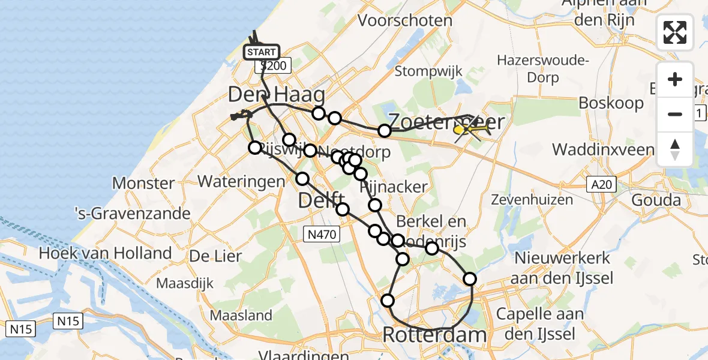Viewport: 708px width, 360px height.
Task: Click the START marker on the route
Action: click(x=262, y=52)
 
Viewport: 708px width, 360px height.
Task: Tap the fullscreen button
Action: click(x=675, y=32)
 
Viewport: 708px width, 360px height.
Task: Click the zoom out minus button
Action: click(x=675, y=114)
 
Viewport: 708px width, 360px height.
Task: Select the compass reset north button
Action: click(x=675, y=149)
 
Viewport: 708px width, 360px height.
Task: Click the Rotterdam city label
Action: click(x=434, y=335)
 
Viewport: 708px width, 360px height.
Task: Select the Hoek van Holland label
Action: click(x=106, y=253)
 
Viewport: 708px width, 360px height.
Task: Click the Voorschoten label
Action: click(x=404, y=20)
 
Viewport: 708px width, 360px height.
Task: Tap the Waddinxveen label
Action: click(x=603, y=149)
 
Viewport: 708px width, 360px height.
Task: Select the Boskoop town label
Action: click(x=611, y=103)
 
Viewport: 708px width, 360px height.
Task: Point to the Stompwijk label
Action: click(x=428, y=71)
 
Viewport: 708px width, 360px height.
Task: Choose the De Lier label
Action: click(x=215, y=256)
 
